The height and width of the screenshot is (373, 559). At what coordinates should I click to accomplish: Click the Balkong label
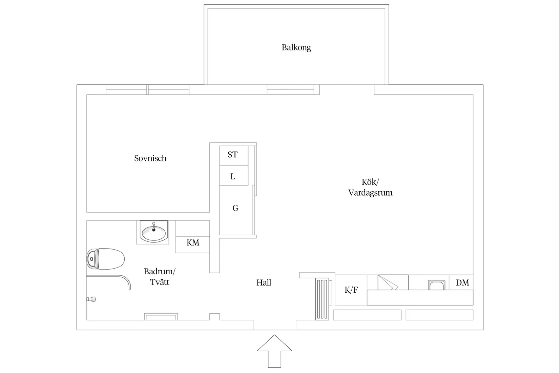[296, 47]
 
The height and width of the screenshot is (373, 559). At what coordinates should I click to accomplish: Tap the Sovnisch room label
[150, 158]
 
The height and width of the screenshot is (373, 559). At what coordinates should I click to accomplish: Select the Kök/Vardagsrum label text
[370, 187]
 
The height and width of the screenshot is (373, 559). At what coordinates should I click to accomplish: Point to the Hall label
[264, 282]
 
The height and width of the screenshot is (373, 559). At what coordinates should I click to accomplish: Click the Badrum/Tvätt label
[160, 277]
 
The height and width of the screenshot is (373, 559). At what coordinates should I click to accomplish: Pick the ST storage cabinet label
[233, 155]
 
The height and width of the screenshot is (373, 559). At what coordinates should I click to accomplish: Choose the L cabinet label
[233, 177]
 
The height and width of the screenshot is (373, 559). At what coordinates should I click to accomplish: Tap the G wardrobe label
[235, 208]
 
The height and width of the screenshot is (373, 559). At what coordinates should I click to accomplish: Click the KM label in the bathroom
[193, 242]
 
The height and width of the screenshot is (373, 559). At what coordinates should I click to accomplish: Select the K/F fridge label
[351, 290]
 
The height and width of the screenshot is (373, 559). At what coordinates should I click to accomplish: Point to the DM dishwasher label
[462, 282]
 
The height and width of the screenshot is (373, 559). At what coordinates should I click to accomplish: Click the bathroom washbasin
[154, 232]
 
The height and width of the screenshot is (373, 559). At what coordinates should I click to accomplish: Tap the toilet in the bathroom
[106, 259]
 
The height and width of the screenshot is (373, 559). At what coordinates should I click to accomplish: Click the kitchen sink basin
[436, 285]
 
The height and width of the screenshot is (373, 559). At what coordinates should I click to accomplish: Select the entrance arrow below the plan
[274, 351]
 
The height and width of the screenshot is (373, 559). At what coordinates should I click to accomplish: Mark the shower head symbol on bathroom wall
[91, 299]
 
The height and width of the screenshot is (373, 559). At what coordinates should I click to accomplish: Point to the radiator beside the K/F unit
[322, 299]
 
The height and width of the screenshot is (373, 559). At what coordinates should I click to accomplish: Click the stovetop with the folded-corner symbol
[393, 282]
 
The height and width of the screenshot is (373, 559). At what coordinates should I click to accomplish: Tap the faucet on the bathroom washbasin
[154, 227]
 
